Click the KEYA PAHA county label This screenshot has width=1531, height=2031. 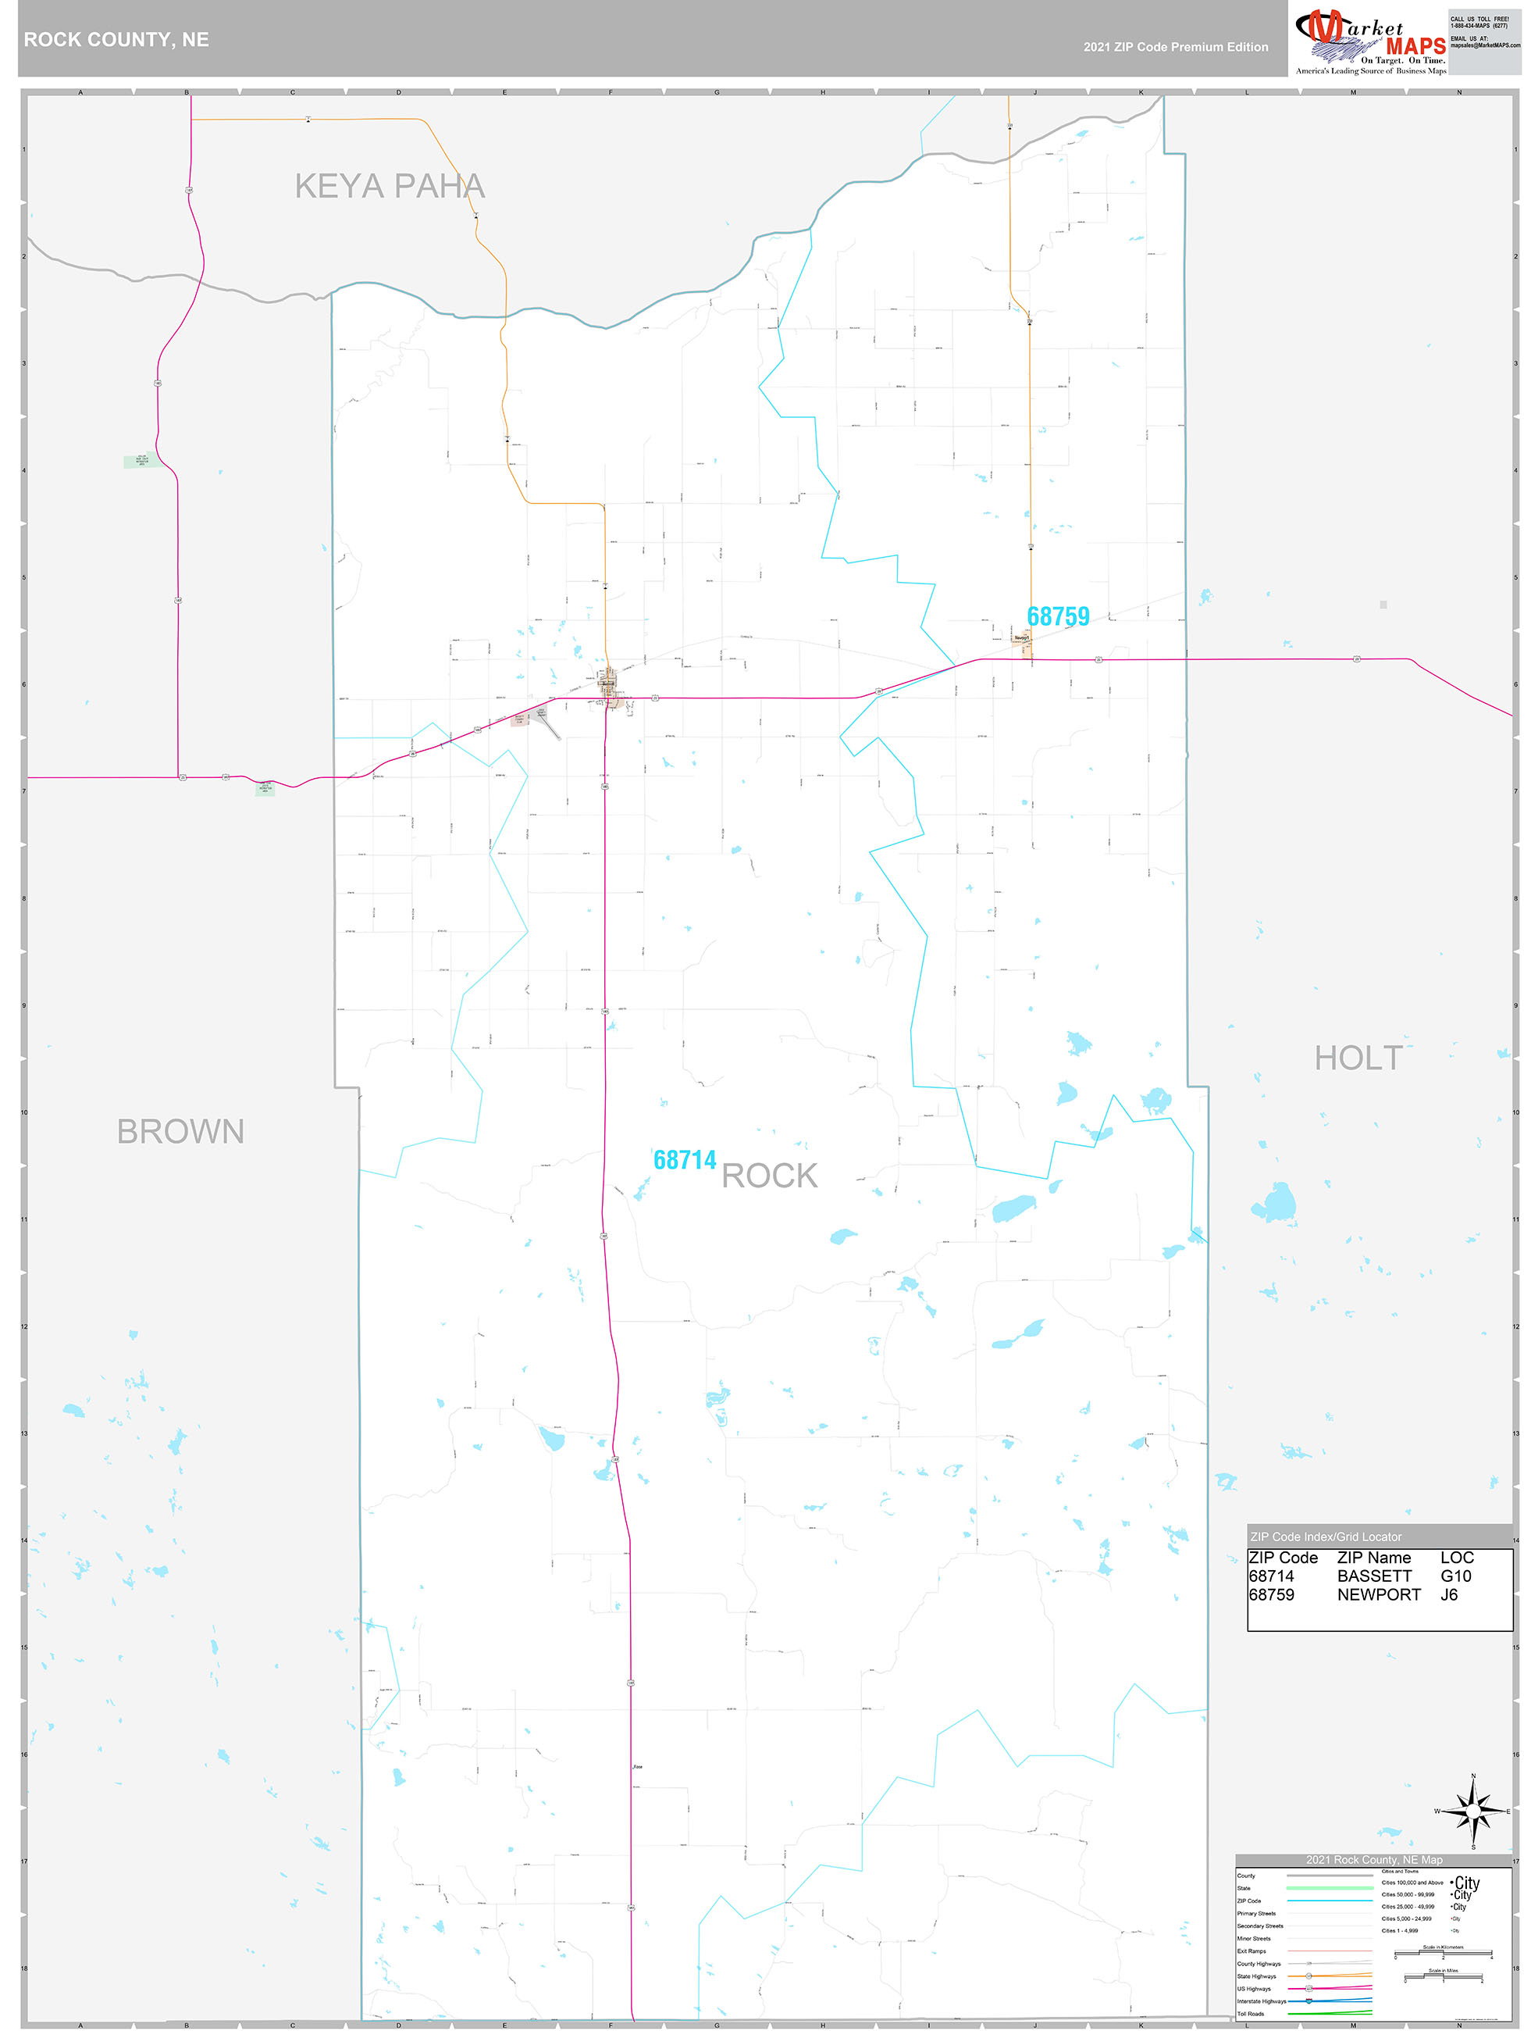[x=389, y=187]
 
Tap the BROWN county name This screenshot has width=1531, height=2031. [x=181, y=1131]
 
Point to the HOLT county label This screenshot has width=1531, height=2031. [x=1358, y=1058]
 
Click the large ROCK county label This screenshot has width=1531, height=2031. [x=769, y=1176]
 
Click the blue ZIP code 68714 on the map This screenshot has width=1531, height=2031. [x=684, y=1160]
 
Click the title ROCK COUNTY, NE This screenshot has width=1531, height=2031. [x=116, y=40]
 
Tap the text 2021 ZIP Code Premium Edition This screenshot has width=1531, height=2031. [x=1175, y=47]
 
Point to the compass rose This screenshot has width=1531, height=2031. [x=1472, y=1811]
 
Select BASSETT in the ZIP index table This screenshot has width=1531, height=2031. [x=1374, y=1576]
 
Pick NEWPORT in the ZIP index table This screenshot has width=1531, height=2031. [x=1378, y=1595]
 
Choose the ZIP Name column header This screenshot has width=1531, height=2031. [x=1373, y=1557]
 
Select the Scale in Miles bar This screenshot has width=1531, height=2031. [x=1443, y=1979]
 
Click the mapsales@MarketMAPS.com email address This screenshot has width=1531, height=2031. [x=1484, y=45]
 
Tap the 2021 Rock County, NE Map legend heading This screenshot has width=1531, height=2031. [x=1373, y=1859]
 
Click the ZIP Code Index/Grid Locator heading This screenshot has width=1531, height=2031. [x=1326, y=1536]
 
